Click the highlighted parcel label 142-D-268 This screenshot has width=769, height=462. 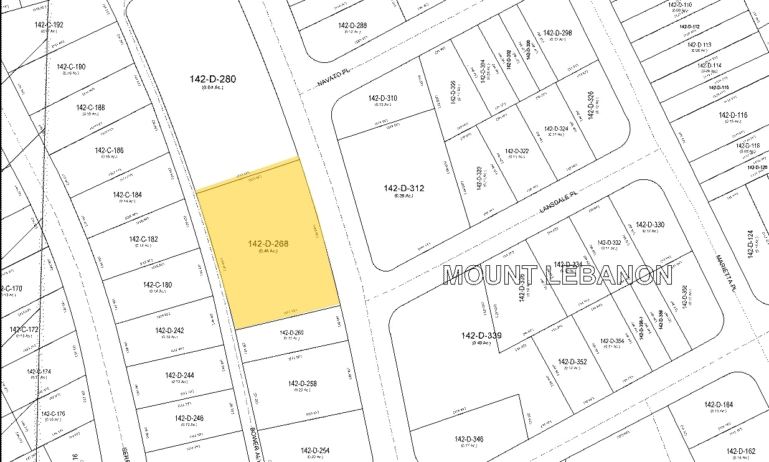click(268, 243)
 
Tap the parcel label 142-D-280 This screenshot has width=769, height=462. click(213, 79)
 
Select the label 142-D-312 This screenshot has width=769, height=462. click(404, 188)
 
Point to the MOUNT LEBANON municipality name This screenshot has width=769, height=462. click(557, 275)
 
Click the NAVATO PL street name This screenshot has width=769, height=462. click(331, 78)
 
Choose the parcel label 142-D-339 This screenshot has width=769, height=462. click(481, 336)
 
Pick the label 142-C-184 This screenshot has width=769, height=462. click(127, 195)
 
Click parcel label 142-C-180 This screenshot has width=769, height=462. click(158, 285)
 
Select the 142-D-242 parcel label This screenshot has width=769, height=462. click(170, 331)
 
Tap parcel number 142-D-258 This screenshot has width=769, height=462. click(303, 384)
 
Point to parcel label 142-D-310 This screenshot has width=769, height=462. click(382, 98)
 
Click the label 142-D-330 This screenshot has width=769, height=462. click(650, 225)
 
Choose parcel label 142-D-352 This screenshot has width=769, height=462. click(572, 361)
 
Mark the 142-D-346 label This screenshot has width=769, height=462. click(469, 440)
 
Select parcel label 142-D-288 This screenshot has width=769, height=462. click(352, 26)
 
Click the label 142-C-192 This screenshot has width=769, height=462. click(49, 25)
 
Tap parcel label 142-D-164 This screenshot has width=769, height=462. click(719, 405)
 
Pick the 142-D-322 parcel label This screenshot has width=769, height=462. click(517, 151)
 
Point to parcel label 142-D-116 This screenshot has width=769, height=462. click(732, 115)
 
